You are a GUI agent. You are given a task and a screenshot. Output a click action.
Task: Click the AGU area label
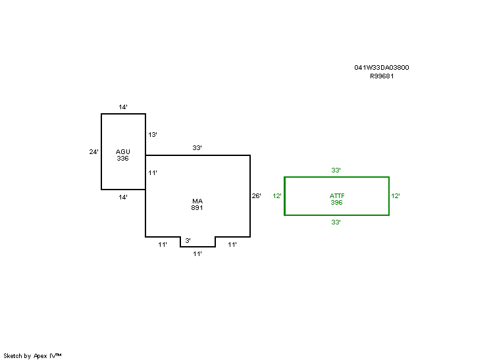(x=122, y=151)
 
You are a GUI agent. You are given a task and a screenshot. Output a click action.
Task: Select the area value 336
(x=122, y=159)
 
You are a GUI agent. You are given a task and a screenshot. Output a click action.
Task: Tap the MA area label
(x=197, y=201)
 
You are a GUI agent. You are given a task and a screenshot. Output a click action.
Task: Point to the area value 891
(x=197, y=207)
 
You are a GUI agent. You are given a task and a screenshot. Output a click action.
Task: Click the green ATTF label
(x=337, y=195)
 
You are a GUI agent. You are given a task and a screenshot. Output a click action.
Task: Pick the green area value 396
(x=336, y=203)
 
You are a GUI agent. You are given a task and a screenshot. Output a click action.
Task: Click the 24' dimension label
(x=93, y=152)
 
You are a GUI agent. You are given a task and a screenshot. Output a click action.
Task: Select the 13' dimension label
(x=153, y=135)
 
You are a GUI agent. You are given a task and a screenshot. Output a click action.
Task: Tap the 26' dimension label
(x=256, y=195)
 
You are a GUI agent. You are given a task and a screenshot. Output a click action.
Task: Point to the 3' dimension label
(x=188, y=240)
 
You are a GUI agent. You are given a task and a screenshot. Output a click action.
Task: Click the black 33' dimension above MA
(x=197, y=147)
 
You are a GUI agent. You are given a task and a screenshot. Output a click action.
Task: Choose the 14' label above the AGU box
(x=122, y=107)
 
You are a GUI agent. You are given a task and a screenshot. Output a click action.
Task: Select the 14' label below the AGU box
(x=122, y=197)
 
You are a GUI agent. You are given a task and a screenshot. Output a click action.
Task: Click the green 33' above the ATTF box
(x=336, y=170)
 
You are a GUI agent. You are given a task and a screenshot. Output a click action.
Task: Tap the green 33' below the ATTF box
(x=336, y=222)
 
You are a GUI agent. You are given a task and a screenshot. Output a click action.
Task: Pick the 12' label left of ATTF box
(x=277, y=196)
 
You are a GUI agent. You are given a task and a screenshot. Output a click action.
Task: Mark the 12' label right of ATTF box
(x=395, y=196)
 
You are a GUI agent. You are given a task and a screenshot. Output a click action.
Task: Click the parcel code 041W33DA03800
(x=381, y=67)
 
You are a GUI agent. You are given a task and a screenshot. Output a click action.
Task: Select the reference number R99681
(x=382, y=76)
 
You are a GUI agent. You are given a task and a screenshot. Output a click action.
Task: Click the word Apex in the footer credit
(x=40, y=356)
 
